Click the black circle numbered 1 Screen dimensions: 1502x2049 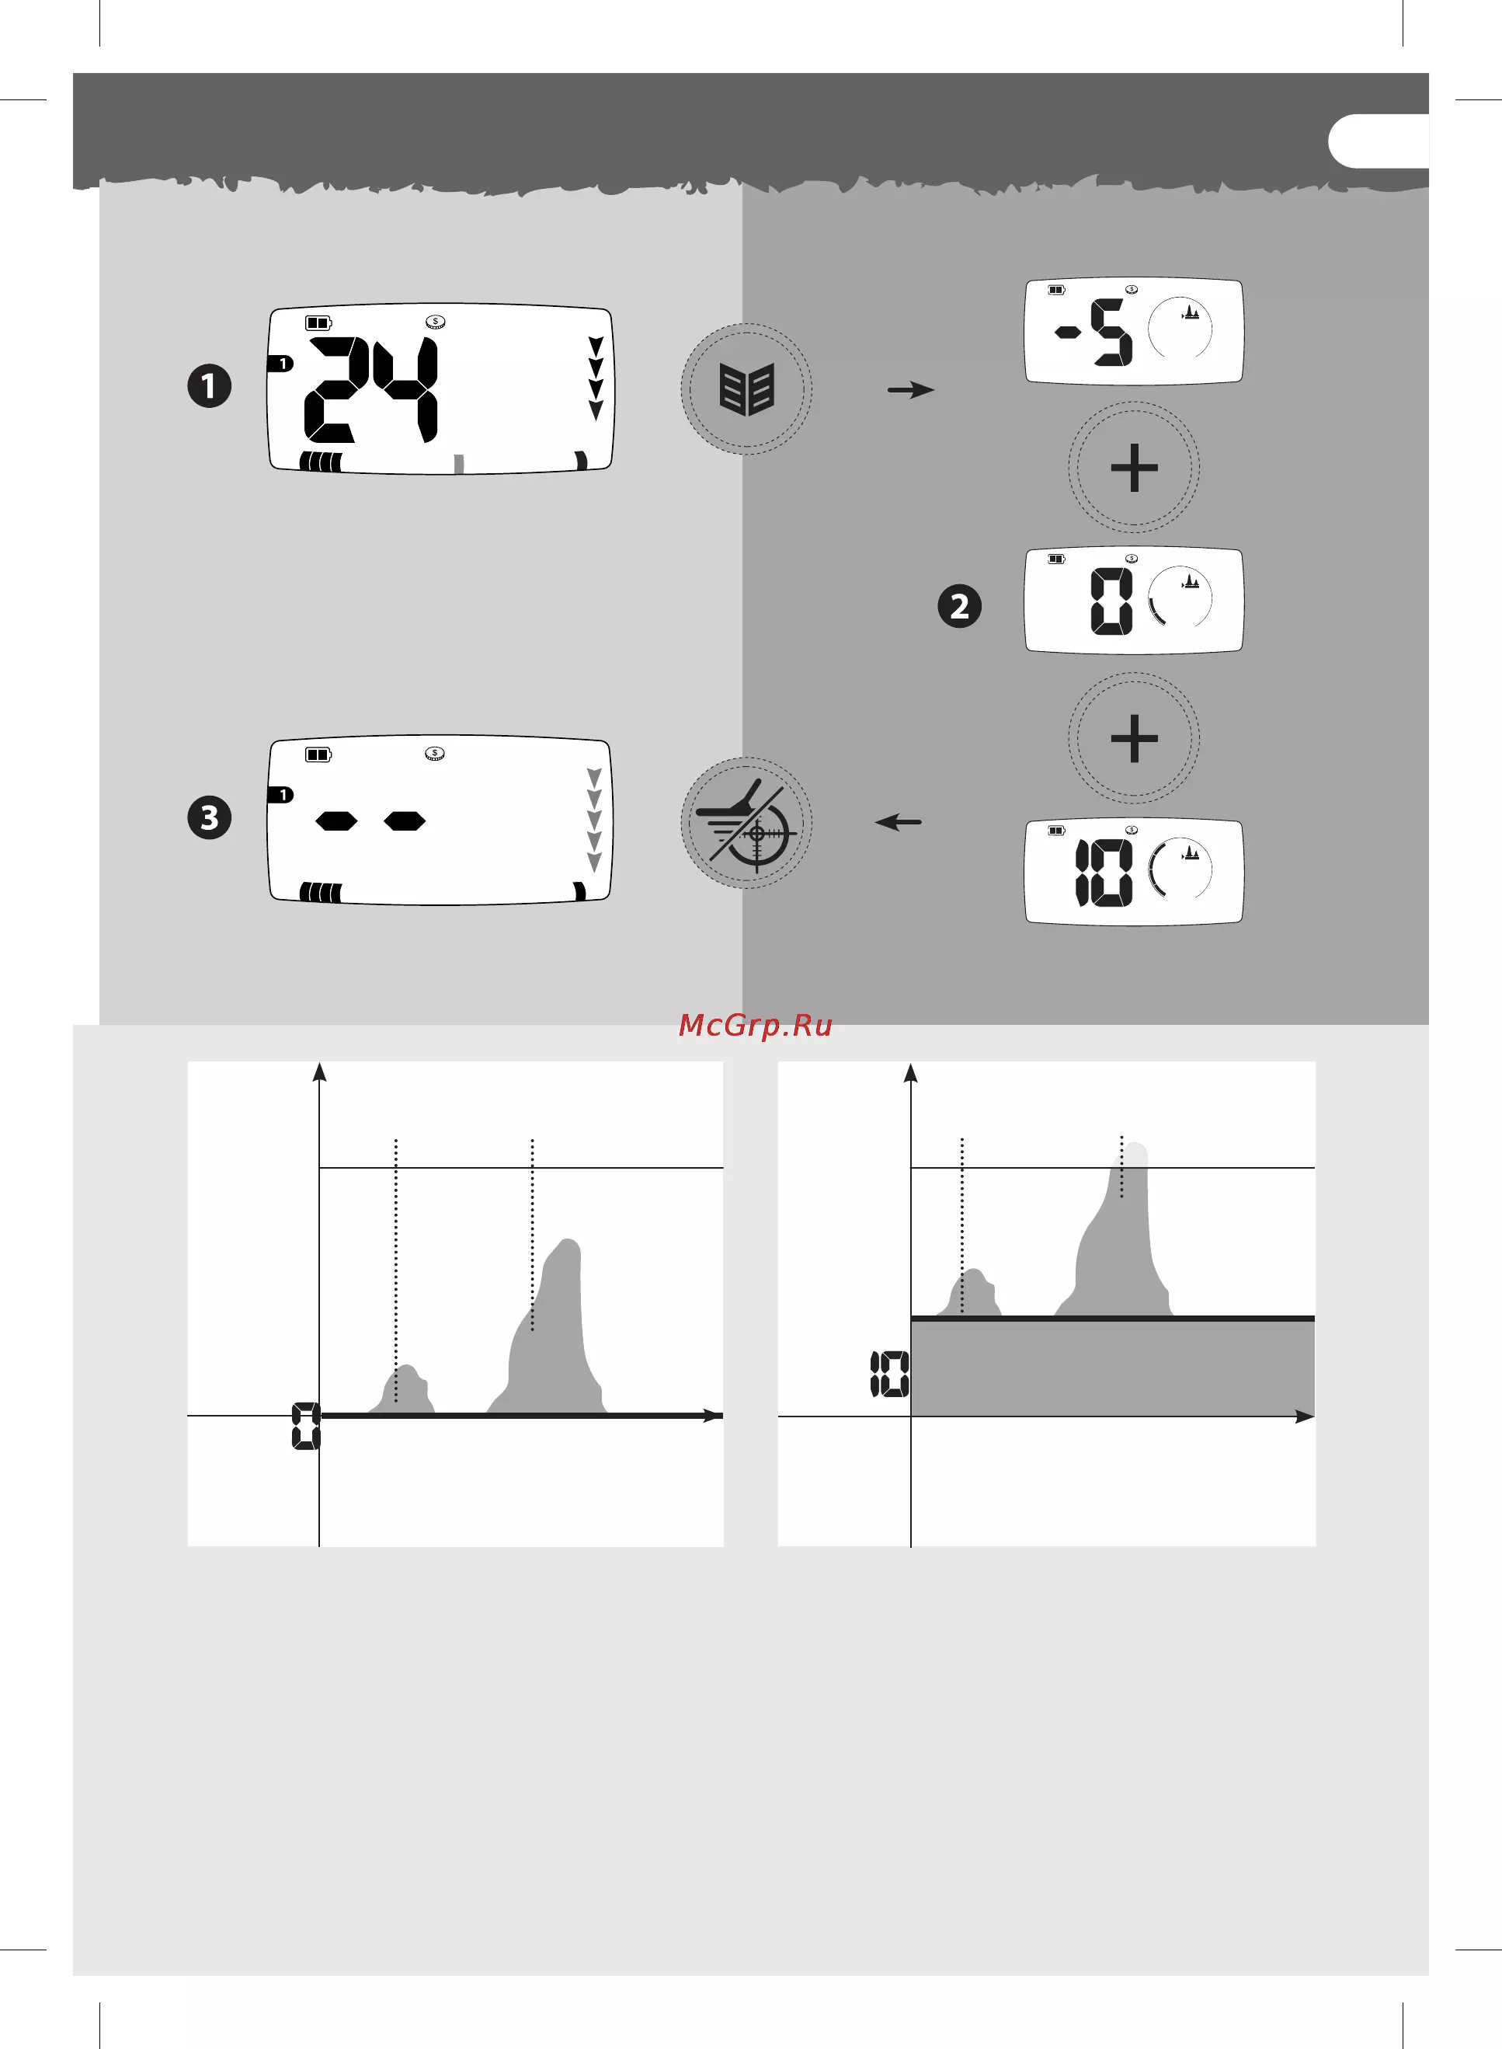(209, 385)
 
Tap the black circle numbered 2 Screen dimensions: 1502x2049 (959, 607)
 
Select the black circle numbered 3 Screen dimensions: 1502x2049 (209, 817)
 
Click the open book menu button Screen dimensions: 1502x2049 (746, 389)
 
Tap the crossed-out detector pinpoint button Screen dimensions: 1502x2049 (746, 823)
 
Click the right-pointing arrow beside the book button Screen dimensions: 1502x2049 (911, 390)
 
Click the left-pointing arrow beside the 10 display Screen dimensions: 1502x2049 (899, 822)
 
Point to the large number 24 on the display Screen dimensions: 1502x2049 (371, 389)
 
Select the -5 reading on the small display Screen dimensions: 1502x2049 (1093, 333)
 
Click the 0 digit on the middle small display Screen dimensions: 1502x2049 (1112, 601)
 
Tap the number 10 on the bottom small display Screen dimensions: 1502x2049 (1104, 872)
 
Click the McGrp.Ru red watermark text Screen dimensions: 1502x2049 (756, 1026)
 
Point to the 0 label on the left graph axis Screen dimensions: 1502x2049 (305, 1426)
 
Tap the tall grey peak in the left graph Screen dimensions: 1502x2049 (549, 1327)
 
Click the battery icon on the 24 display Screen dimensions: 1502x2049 (318, 323)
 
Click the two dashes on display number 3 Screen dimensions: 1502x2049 (370, 821)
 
